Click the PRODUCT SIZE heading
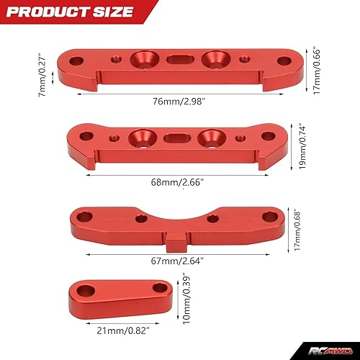click(x=73, y=12)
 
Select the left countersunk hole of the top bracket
click(x=149, y=60)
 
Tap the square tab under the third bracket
click(x=174, y=242)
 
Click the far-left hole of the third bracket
click(x=85, y=215)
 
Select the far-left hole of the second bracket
click(x=86, y=135)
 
